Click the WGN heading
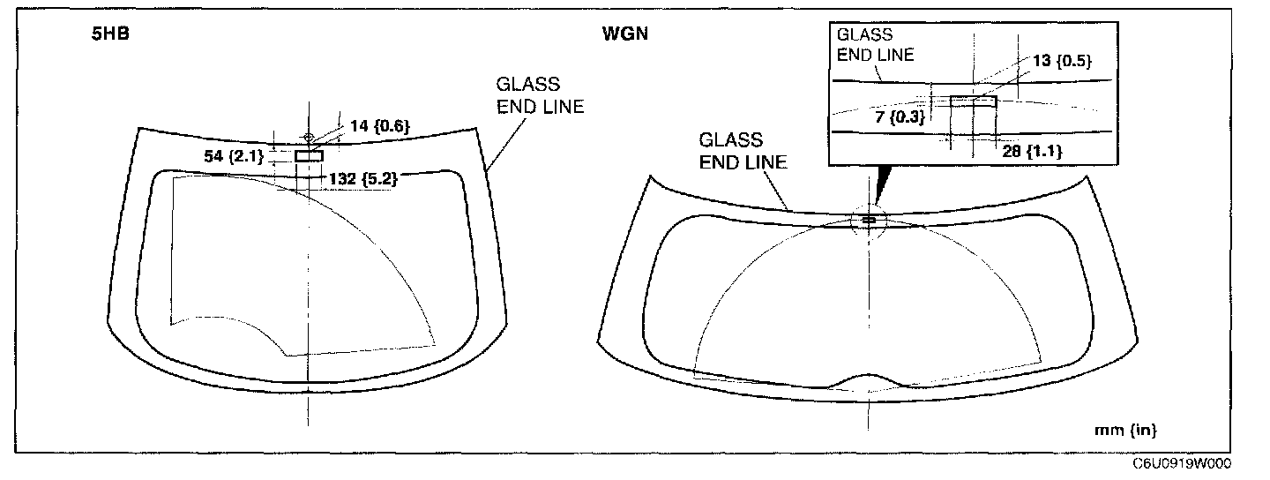620,40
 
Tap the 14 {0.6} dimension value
380,126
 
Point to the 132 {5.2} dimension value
362,177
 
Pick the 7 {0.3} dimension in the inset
902,116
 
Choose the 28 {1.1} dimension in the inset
1033,151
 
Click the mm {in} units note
1124,431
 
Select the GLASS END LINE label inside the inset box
874,44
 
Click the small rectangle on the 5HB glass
309,155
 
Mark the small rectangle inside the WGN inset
973,101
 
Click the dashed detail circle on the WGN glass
869,218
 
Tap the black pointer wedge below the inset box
880,186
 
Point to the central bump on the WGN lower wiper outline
869,379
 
